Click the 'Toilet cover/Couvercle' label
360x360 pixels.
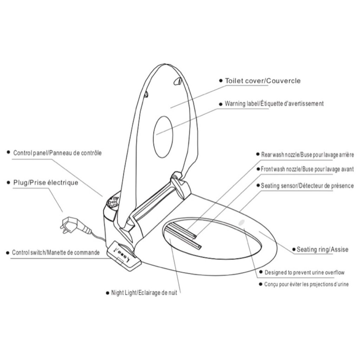[x=263, y=81]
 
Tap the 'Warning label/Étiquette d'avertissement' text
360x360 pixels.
[x=274, y=104]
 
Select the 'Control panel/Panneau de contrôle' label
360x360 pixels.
[x=57, y=153]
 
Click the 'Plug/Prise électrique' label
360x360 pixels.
[x=46, y=182]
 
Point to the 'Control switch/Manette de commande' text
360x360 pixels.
[x=56, y=252]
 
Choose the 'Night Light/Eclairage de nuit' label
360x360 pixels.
[x=144, y=293]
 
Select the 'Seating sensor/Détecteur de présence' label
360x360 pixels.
[x=307, y=186]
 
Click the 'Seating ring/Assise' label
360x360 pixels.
[x=322, y=249]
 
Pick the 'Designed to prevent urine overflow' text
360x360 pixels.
[x=304, y=272]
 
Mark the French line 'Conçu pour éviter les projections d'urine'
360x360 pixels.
[x=306, y=284]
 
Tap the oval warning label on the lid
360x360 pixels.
[x=163, y=137]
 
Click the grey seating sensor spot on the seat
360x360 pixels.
[x=242, y=222]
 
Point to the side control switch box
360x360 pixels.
[x=124, y=255]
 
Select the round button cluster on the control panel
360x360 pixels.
[x=113, y=202]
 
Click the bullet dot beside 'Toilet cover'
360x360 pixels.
[x=221, y=81]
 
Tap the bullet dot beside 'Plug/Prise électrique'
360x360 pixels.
[x=9, y=183]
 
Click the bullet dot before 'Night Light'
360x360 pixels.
[x=108, y=293]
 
